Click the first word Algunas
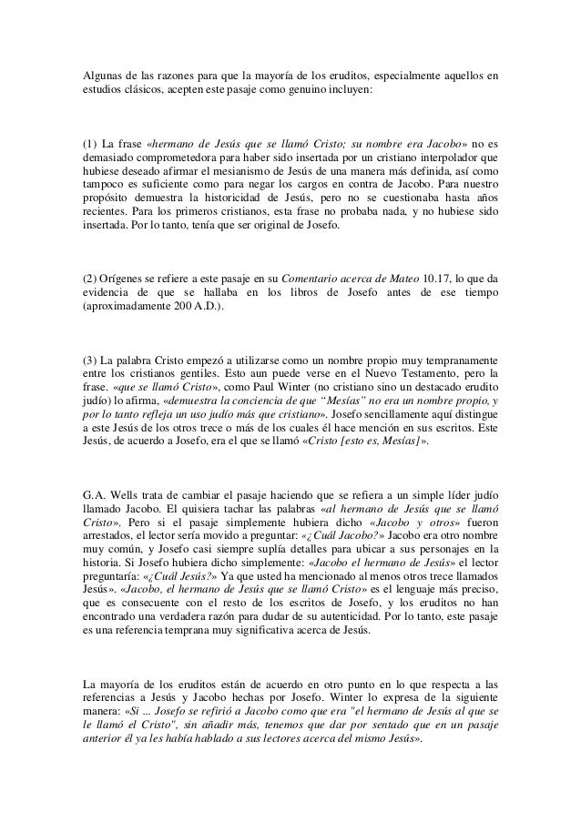97,72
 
